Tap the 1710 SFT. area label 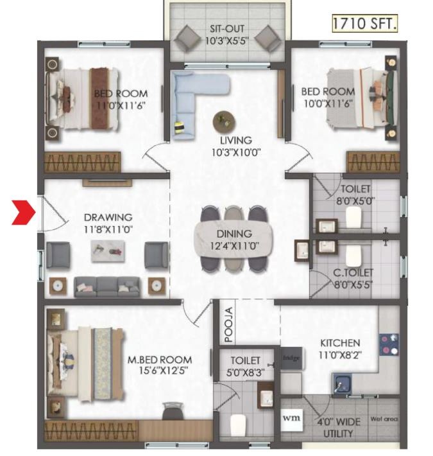pos(364,24)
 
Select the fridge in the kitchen pos(291,358)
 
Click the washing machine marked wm pos(291,419)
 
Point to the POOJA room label pos(228,324)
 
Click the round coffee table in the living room pos(224,121)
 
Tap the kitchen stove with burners pos(389,344)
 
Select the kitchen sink pos(342,383)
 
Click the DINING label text pos(234,234)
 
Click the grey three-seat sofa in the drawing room pos(107,286)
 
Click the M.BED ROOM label pos(160,360)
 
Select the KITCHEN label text pos(340,343)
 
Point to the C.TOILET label pos(353,273)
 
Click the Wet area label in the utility pos(384,419)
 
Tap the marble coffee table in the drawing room pos(108,251)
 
